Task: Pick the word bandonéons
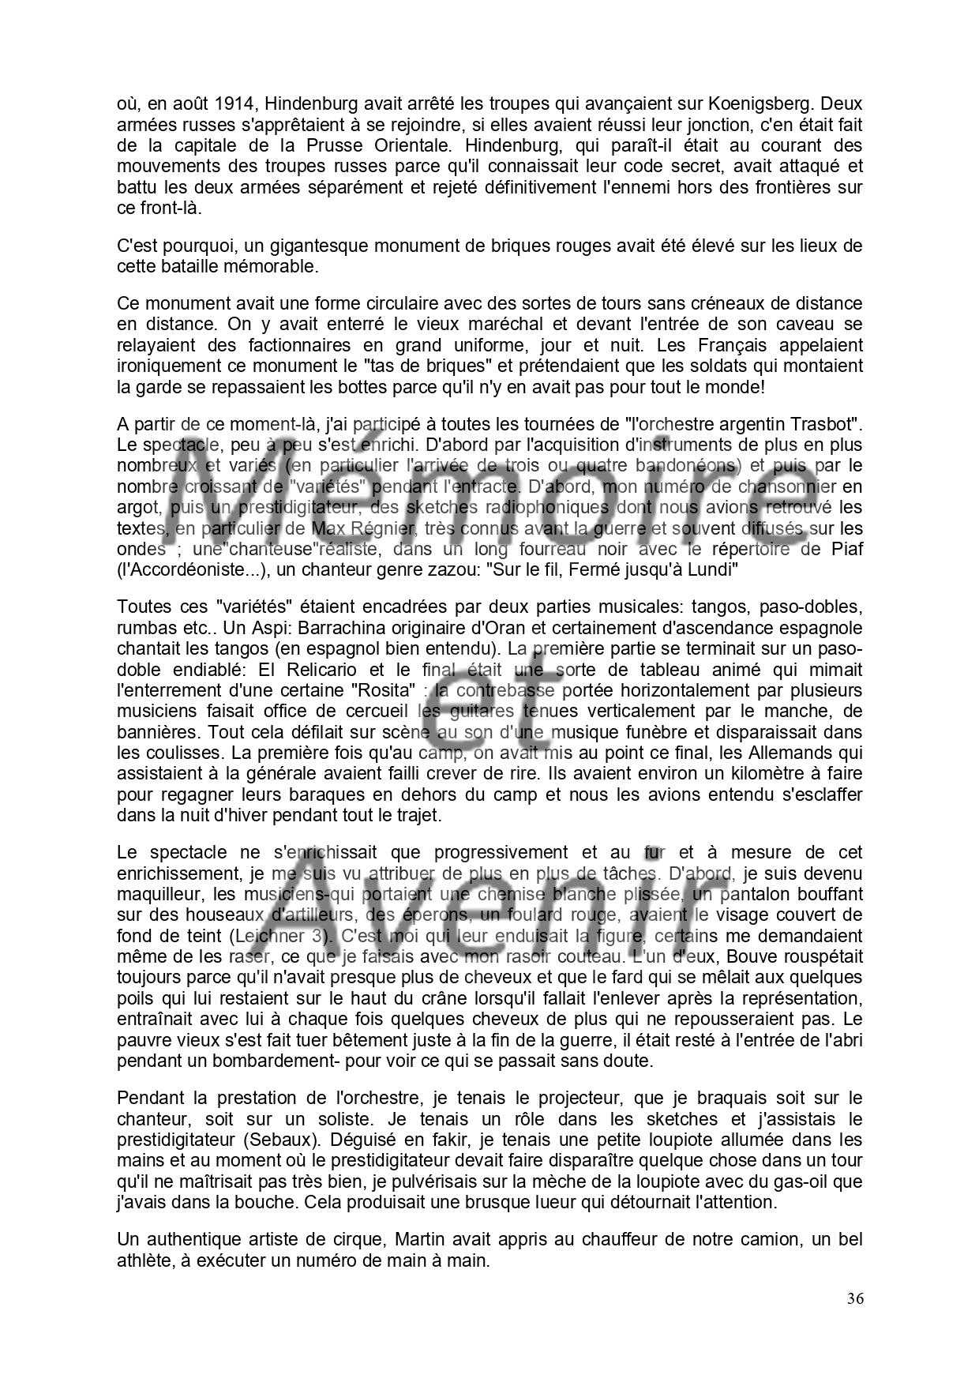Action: click(687, 465)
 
